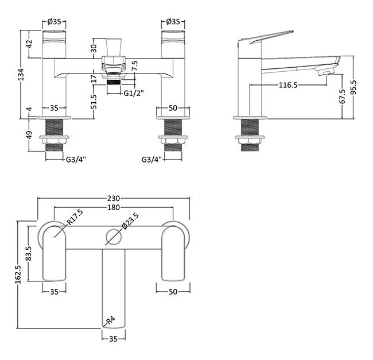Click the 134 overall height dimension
click(21, 74)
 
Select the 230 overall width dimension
click(114, 198)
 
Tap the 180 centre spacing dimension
click(114, 207)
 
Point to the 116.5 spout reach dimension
click(288, 85)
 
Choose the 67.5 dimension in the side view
click(343, 96)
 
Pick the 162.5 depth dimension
click(18, 274)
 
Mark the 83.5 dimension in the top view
click(29, 253)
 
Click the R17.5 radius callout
click(75, 217)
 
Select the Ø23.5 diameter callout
click(130, 222)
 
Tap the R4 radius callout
click(110, 320)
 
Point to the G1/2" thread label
click(134, 93)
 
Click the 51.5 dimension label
click(95, 102)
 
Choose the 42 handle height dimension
click(29, 44)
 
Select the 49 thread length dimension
click(29, 135)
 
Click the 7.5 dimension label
click(135, 65)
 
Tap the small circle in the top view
click(114, 237)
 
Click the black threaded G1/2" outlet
click(114, 82)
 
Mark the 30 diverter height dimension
click(95, 48)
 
